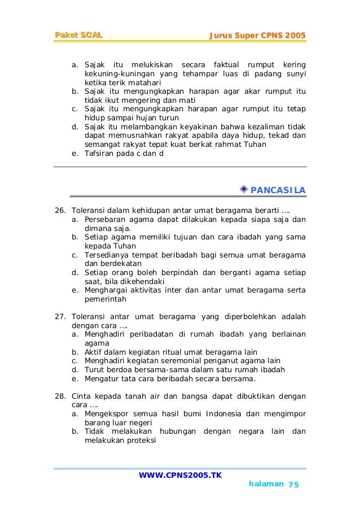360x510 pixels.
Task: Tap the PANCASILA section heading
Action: pyautogui.click(x=278, y=189)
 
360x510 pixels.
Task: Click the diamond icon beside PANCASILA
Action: pyautogui.click(x=243, y=188)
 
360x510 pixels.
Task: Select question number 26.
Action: pyautogui.click(x=60, y=210)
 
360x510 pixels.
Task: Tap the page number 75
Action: pyautogui.click(x=293, y=485)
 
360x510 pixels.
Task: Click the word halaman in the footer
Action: pyautogui.click(x=265, y=485)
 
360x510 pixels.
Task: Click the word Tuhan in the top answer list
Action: pyautogui.click(x=254, y=144)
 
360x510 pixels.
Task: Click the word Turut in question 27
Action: pyautogui.click(x=94, y=369)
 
